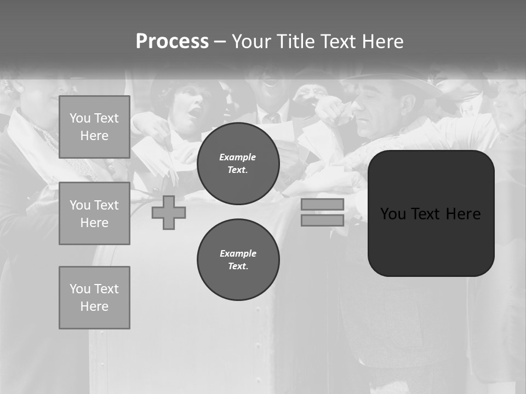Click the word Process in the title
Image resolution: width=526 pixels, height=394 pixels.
click(x=172, y=42)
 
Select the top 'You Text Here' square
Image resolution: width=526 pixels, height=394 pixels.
click(x=94, y=127)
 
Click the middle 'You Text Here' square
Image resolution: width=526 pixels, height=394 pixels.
click(x=94, y=213)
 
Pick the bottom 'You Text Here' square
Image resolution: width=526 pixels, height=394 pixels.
click(x=94, y=298)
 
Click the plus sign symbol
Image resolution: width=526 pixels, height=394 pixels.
click(x=169, y=213)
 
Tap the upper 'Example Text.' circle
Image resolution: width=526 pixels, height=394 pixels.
click(x=238, y=164)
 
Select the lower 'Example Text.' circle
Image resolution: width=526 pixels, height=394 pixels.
click(x=238, y=260)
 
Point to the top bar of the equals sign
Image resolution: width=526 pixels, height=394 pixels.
click(x=322, y=205)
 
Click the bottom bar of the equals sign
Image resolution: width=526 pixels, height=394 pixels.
click(x=322, y=221)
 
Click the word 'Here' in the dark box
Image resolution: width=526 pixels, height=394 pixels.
click(x=463, y=214)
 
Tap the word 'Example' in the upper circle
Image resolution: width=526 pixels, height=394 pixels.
click(x=238, y=158)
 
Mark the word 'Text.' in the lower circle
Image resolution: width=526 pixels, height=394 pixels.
click(x=238, y=266)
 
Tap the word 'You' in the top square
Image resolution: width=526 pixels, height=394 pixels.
click(x=79, y=118)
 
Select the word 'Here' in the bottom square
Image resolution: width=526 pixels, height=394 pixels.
click(x=94, y=306)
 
